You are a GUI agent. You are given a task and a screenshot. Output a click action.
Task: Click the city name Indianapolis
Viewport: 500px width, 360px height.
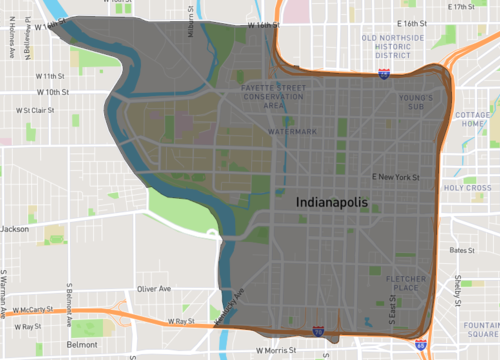pos(332,202)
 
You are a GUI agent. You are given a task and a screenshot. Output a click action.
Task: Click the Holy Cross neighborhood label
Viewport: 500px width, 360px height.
pos(468,187)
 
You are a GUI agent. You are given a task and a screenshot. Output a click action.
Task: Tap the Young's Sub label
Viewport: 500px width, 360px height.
pos(416,103)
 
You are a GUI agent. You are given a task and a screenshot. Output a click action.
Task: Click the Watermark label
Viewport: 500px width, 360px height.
pos(292,131)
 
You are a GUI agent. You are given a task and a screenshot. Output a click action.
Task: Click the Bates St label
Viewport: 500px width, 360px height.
pos(461,250)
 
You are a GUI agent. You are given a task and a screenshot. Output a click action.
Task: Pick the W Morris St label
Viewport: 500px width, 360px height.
pos(278,351)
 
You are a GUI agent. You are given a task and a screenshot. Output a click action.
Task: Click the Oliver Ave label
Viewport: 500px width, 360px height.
pos(154,288)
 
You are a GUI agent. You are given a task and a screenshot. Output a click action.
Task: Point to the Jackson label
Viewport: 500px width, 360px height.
pos(14,229)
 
